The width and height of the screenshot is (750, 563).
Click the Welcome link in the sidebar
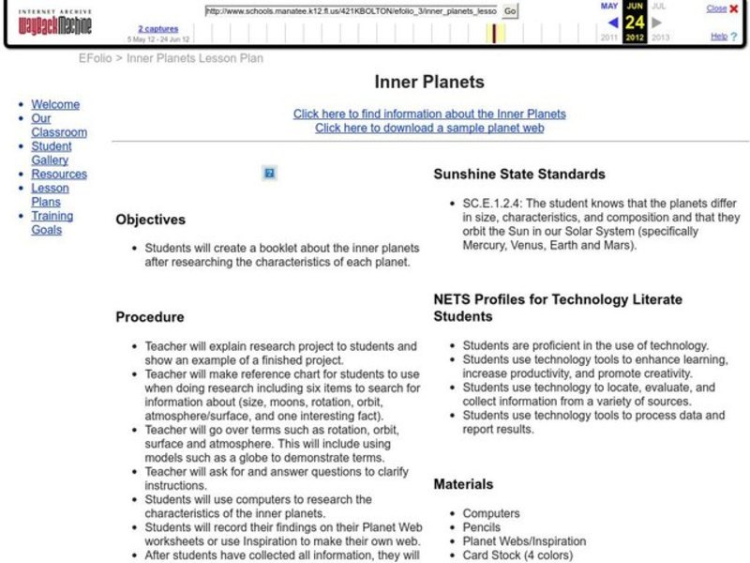[55, 104]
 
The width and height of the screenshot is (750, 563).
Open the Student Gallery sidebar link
[51, 153]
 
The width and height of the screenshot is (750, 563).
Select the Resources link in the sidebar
[59, 174]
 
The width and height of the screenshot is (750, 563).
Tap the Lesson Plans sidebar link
[50, 194]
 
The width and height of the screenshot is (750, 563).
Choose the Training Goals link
[52, 222]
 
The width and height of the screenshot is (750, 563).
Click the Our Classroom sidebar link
[58, 126]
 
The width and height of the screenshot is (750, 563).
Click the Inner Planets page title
[429, 82]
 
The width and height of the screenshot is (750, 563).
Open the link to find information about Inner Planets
[429, 114]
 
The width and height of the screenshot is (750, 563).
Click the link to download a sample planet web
[429, 128]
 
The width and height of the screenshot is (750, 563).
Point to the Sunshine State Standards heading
[518, 174]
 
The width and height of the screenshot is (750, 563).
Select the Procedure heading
[149, 317]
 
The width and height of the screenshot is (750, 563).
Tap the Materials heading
[463, 484]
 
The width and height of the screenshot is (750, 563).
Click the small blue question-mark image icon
[269, 173]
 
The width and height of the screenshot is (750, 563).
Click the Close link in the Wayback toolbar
[716, 8]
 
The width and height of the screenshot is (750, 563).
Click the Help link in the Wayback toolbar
[718, 36]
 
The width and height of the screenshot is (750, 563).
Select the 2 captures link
[157, 29]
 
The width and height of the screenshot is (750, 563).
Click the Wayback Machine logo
[58, 23]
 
